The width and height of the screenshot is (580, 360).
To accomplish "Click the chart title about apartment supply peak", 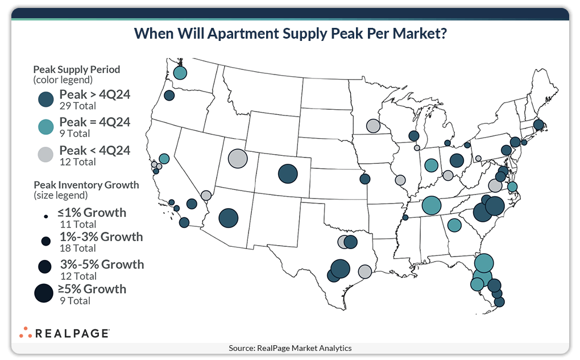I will click(290, 34).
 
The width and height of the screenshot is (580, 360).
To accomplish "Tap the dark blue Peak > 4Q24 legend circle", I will click(46, 100).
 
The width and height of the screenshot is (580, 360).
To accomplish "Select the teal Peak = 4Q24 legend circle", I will click(46, 127).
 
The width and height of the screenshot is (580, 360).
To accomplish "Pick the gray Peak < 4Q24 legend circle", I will click(46, 155).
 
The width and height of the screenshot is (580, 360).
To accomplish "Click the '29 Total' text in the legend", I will click(77, 106).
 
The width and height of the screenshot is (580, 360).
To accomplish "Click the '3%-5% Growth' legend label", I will click(102, 264).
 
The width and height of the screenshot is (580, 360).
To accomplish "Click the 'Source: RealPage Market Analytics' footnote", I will click(290, 348).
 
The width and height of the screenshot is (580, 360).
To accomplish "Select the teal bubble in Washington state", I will click(180, 73).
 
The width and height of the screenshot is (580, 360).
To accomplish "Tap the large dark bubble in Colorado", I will click(288, 173).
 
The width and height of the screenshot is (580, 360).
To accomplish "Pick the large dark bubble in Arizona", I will click(228, 218).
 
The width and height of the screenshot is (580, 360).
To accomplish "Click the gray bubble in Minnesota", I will click(373, 126).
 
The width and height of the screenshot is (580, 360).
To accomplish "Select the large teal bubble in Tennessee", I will click(432, 205).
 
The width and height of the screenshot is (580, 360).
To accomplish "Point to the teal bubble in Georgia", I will click(454, 225).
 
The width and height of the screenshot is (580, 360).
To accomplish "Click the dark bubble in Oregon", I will click(169, 96).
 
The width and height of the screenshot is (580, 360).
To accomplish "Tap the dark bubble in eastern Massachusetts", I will click(538, 125).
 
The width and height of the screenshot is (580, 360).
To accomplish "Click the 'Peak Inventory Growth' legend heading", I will click(86, 185).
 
